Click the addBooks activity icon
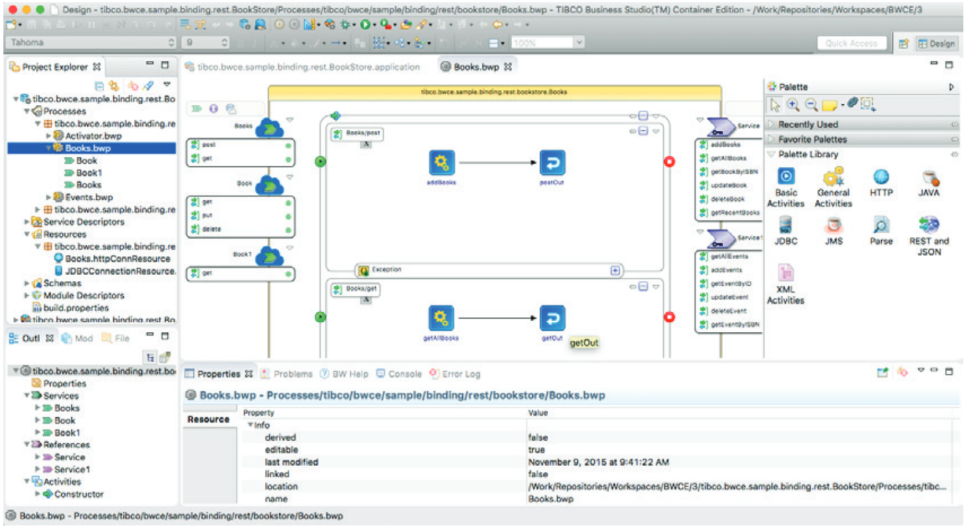point(441,163)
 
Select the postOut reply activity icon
point(552,163)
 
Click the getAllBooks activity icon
point(441,318)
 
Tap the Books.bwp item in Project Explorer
point(88,148)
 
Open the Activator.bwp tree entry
point(93,136)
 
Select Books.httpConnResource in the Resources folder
point(117,259)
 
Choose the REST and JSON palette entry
point(928,226)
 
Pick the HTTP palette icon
point(881,178)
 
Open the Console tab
point(404,374)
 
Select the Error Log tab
point(460,374)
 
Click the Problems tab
point(292,374)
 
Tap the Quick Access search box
point(851,43)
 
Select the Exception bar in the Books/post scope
point(386,270)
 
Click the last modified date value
point(598,462)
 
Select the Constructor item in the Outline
point(78,494)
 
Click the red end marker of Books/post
point(669,161)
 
